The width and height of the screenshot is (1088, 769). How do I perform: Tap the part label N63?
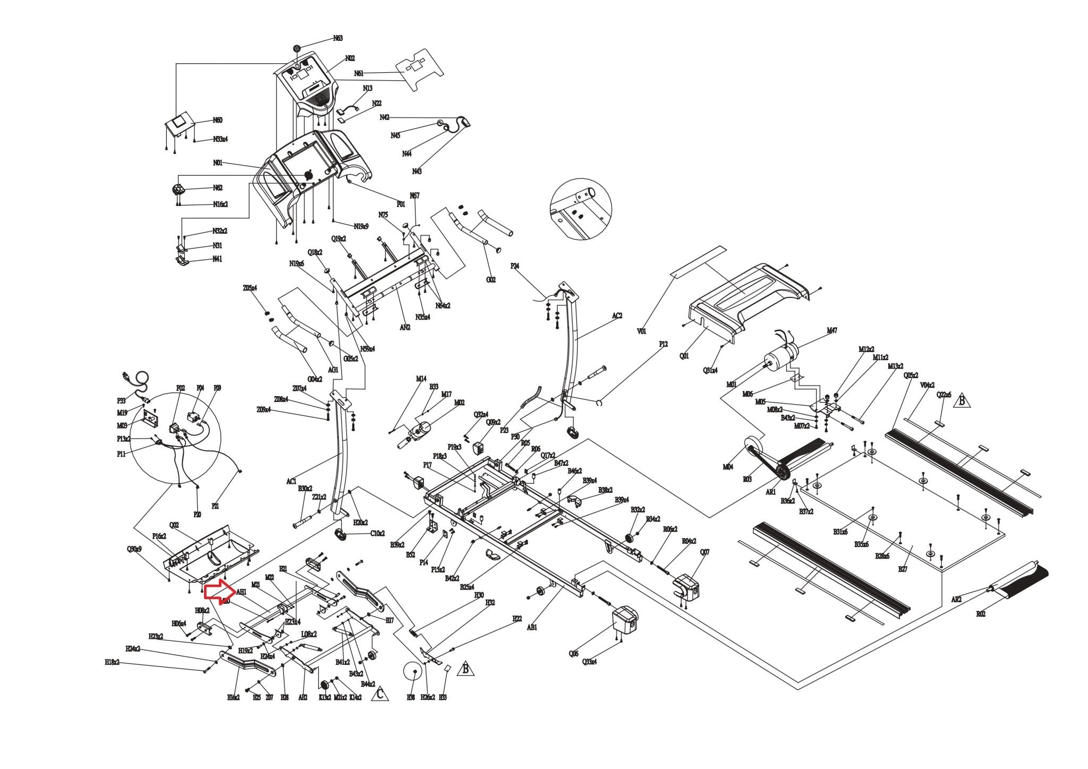[338, 38]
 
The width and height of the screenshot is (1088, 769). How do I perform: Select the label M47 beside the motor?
[832, 330]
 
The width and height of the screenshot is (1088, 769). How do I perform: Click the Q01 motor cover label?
[684, 356]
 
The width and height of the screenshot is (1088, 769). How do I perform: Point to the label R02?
[981, 614]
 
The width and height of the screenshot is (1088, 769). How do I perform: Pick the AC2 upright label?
[617, 315]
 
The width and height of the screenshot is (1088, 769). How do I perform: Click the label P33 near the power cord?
[121, 401]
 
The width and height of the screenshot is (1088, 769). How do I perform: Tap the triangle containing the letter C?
[379, 694]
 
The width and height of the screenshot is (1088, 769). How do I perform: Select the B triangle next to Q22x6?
[961, 400]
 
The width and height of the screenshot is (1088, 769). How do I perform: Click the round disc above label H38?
[412, 671]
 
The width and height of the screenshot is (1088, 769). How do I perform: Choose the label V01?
[642, 331]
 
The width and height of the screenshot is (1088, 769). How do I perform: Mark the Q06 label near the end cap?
[573, 654]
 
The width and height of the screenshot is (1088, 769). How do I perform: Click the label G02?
[491, 280]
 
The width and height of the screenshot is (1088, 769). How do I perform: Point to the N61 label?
[359, 73]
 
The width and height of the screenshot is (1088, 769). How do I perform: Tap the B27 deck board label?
[903, 569]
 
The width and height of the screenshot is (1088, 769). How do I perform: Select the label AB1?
[532, 627]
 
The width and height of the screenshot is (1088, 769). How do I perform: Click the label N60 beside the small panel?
[218, 121]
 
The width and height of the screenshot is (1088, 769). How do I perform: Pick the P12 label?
[663, 344]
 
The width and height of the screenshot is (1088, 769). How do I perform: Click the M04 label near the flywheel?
[728, 467]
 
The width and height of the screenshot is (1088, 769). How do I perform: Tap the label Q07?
[704, 552]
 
